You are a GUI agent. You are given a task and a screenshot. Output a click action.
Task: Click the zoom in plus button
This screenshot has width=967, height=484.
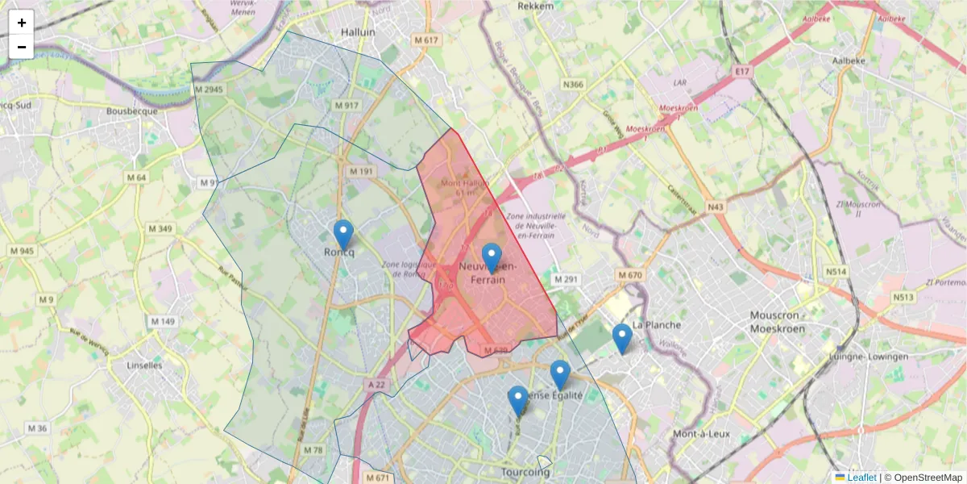pos(22,23)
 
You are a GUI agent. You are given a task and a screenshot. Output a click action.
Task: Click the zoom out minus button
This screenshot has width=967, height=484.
pos(22,47)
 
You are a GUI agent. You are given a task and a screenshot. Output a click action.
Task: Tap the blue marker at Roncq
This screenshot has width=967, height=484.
pos(343,235)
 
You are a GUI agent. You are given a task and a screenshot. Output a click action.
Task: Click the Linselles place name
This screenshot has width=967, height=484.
pos(145,365)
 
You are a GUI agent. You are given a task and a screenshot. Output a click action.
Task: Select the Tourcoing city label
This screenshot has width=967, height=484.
pos(525,472)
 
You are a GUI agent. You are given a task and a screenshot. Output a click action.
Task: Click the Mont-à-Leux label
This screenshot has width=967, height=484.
pos(701,433)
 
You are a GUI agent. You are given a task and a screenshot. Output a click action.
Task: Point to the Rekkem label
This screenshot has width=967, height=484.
pos(536,6)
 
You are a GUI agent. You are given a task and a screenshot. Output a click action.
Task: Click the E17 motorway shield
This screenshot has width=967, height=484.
pos(742,72)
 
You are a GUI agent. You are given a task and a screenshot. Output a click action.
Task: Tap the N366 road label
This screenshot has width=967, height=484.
pos(573,84)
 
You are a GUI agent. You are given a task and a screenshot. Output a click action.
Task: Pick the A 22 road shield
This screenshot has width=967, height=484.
pos(376,386)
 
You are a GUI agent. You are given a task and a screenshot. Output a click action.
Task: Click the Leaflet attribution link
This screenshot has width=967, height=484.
pos(861,478)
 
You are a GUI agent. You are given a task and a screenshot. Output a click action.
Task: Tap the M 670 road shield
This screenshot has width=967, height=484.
pos(630,276)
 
